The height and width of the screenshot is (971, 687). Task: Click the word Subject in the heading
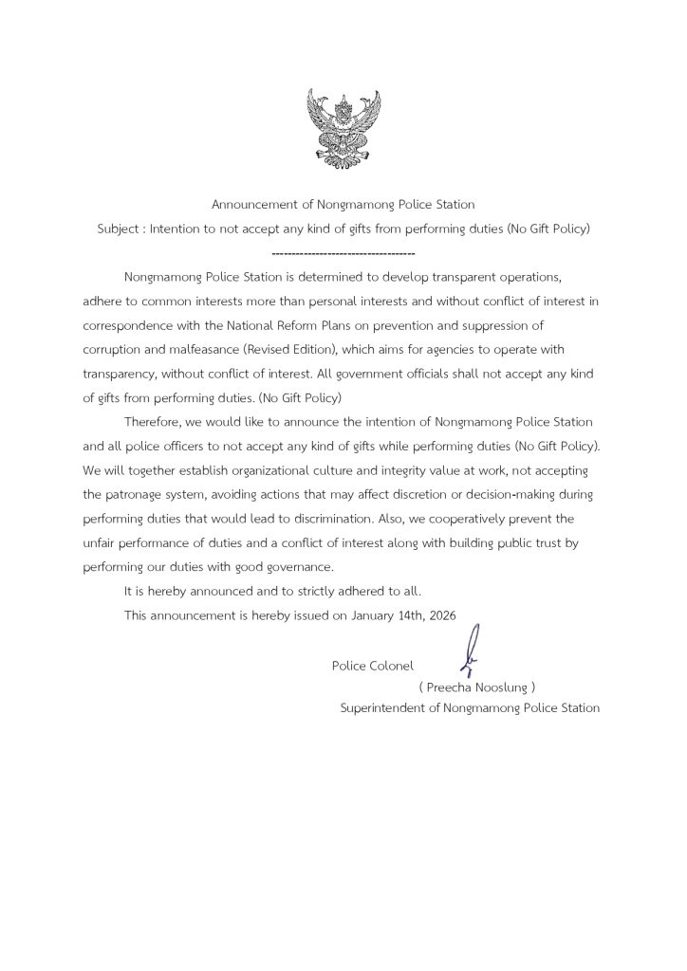119,229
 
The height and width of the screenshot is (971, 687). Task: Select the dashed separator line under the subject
343,255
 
